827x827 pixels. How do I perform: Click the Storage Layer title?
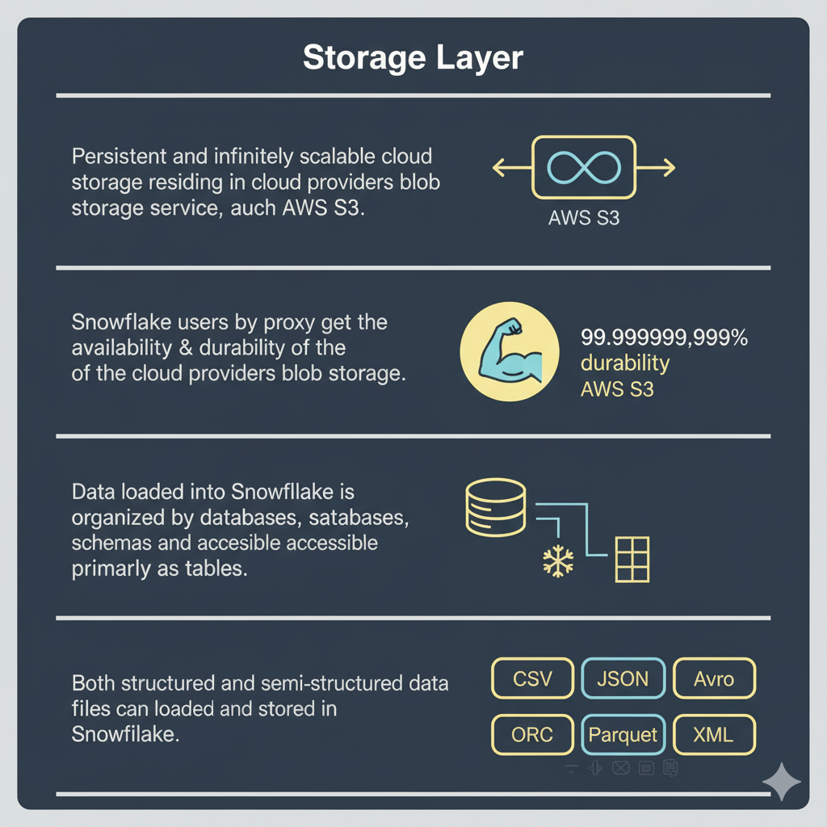point(413,59)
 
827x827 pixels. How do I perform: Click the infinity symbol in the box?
point(584,167)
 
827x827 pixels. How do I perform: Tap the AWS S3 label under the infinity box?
point(584,217)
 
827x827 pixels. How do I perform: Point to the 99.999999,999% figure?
point(664,338)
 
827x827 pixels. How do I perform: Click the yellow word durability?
point(625,363)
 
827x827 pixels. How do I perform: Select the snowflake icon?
point(557,560)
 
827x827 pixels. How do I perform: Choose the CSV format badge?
point(532,678)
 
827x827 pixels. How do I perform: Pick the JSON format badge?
point(623,678)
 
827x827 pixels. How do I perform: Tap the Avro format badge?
point(714,678)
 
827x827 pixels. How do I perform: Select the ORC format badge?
point(532,735)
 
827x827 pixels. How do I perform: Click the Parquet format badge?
point(623,735)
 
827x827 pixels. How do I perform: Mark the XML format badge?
point(714,735)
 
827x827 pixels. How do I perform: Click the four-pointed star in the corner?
point(782,781)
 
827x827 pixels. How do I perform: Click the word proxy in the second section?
point(288,322)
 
